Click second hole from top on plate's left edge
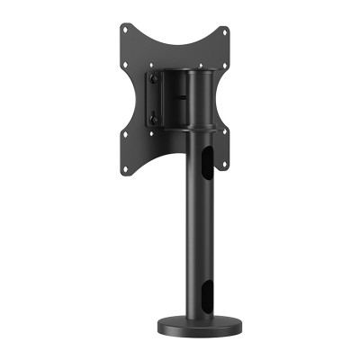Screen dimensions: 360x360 pyautogui.click(x=126, y=65)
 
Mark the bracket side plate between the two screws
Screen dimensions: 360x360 pyautogui.click(x=155, y=99)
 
